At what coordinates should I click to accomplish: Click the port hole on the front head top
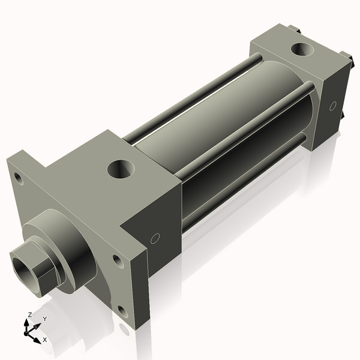pos(122,168)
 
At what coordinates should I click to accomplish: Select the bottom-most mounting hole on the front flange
pos(122,311)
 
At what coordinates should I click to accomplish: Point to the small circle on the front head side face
pos(155,238)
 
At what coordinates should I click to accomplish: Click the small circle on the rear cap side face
pos(332,106)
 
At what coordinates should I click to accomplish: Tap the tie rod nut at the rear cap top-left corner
pos(292,28)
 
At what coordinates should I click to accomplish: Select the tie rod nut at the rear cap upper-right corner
pos(345,57)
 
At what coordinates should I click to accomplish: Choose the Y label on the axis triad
pos(44,319)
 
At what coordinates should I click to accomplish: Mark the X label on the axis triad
pos(44,340)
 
